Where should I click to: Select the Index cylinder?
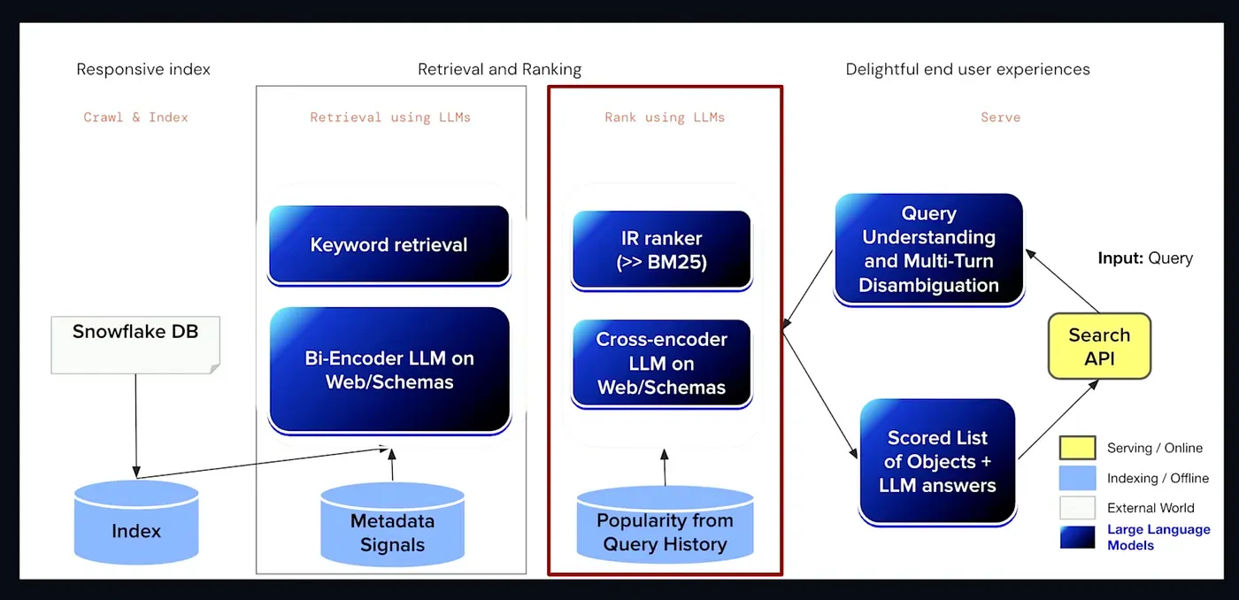click(136, 524)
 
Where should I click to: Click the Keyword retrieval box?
click(389, 245)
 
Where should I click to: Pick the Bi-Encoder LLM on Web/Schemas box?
click(389, 370)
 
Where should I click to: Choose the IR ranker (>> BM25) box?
click(662, 250)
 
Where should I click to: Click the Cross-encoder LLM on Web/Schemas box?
click(662, 364)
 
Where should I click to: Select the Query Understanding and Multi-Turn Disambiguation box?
click(928, 250)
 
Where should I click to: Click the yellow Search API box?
click(1099, 346)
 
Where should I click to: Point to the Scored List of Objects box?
click(937, 461)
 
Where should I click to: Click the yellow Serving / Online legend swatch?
click(1077, 449)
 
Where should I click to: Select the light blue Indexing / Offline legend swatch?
click(1077, 478)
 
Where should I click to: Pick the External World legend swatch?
click(1077, 507)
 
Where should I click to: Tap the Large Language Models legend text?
click(1158, 537)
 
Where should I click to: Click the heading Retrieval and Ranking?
click(499, 69)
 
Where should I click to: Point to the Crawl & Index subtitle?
click(135, 117)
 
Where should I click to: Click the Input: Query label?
click(1145, 258)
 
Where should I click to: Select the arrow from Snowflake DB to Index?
click(136, 425)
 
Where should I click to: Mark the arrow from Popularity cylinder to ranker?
click(664, 465)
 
